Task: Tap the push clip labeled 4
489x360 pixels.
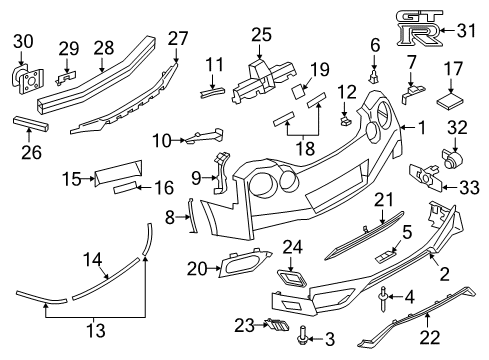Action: click(x=384, y=295)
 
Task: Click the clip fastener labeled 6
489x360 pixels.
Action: click(x=375, y=72)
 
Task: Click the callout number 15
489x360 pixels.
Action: click(x=71, y=178)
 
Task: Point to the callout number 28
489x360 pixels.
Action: click(x=104, y=47)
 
